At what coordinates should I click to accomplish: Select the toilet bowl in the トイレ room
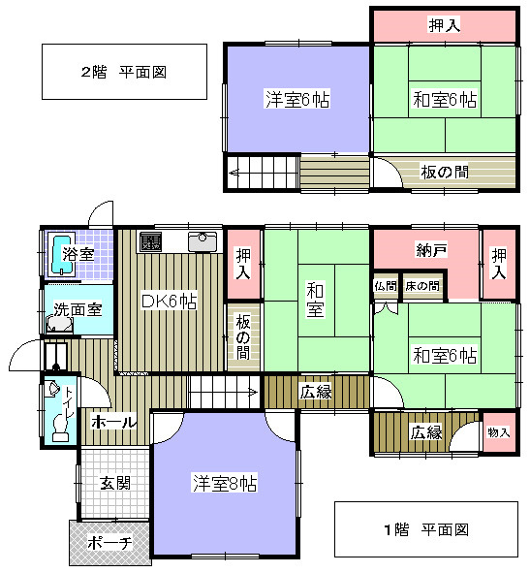tap(61, 428)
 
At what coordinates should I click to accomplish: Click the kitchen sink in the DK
tap(203, 240)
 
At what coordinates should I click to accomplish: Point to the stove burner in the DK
tap(150, 241)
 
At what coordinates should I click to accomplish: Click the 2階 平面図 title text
tap(124, 72)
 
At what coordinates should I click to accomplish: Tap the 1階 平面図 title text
tap(426, 529)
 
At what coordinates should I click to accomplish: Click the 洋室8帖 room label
tap(225, 483)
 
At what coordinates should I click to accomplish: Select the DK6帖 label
tap(169, 302)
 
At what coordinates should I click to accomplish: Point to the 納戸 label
tap(431, 250)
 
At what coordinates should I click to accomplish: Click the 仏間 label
tap(386, 286)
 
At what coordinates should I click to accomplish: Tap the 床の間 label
tap(422, 286)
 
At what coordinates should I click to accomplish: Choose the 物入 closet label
tap(499, 432)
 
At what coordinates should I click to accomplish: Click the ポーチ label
tap(109, 542)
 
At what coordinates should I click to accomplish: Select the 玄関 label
tap(115, 483)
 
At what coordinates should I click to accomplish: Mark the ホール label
tap(113, 422)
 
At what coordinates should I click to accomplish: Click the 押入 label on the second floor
tap(444, 25)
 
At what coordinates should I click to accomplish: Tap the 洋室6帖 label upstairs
tap(297, 99)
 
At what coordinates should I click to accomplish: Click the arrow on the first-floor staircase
tap(253, 393)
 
